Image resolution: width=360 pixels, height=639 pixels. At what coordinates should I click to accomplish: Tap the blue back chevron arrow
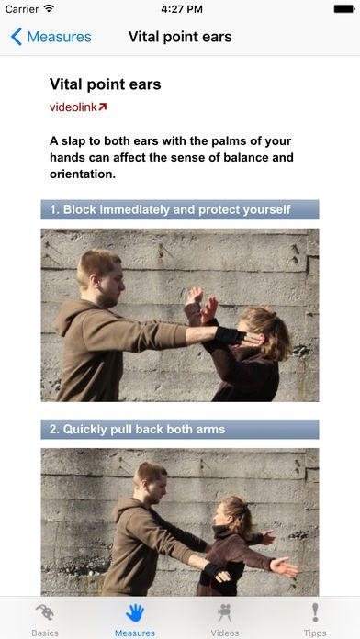[x=17, y=37]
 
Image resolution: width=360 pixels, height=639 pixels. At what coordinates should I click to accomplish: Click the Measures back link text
[x=59, y=37]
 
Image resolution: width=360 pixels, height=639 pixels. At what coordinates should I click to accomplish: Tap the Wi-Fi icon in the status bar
[x=49, y=8]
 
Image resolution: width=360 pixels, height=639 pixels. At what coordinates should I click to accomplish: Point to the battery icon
[x=344, y=8]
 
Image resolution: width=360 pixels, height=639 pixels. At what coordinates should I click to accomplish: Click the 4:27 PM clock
[x=182, y=9]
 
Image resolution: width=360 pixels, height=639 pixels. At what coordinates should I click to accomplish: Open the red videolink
[x=78, y=107]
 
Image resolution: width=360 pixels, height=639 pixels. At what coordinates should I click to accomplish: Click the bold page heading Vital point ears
[x=106, y=84]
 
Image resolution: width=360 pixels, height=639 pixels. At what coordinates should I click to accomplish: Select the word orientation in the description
[x=83, y=174]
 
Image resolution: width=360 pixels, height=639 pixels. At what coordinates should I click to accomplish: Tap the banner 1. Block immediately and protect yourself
[x=180, y=209]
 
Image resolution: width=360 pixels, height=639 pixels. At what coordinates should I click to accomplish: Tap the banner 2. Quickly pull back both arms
[x=180, y=429]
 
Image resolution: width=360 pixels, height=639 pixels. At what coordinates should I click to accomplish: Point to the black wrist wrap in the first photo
[x=230, y=336]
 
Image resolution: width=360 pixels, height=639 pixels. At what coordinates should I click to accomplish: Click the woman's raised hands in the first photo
[x=200, y=304]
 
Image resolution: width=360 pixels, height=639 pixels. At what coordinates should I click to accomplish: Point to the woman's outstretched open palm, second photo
[x=284, y=566]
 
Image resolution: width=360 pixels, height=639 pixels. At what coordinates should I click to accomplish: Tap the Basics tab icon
[x=45, y=613]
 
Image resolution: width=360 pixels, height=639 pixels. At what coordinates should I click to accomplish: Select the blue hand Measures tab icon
[x=135, y=613]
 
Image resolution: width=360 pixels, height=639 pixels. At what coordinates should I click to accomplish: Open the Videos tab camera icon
[x=225, y=613]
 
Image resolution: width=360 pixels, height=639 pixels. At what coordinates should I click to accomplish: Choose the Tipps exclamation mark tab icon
[x=315, y=613]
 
